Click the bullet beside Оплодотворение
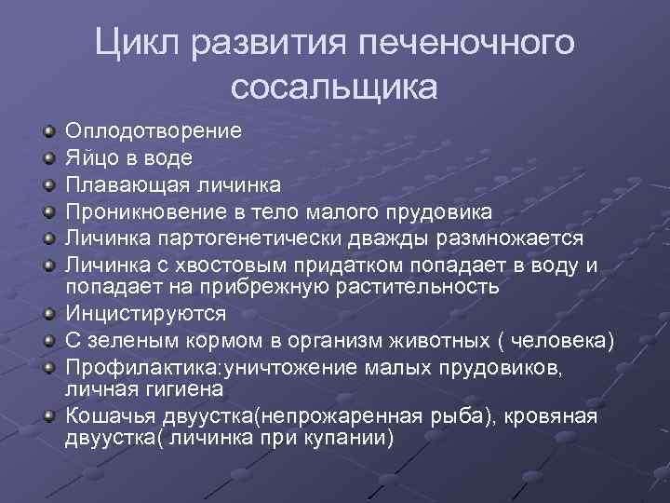pos(48,131)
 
